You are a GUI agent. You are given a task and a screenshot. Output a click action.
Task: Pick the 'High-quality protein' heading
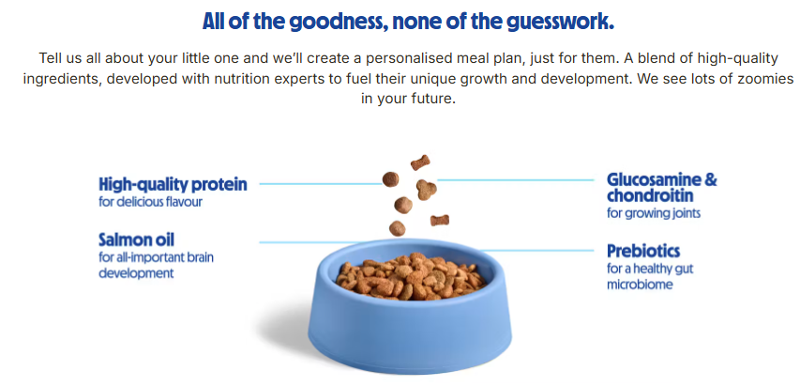pos(173,185)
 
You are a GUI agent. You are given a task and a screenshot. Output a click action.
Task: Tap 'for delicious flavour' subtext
pos(150,202)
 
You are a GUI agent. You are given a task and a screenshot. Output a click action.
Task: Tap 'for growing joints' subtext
pos(654,213)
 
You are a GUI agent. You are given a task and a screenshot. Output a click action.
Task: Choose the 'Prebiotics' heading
pos(643,251)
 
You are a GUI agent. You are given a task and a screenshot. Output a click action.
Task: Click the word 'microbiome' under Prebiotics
pos(640,285)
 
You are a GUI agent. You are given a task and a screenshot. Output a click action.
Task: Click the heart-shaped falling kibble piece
pos(426,190)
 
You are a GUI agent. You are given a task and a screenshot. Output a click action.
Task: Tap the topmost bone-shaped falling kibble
pos(420,162)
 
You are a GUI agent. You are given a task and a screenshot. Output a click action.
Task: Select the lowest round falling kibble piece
pos(397,227)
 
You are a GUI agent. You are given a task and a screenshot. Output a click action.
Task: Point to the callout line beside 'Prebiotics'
pos(537,251)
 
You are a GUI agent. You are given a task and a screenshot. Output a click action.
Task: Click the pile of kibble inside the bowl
pos(411,276)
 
